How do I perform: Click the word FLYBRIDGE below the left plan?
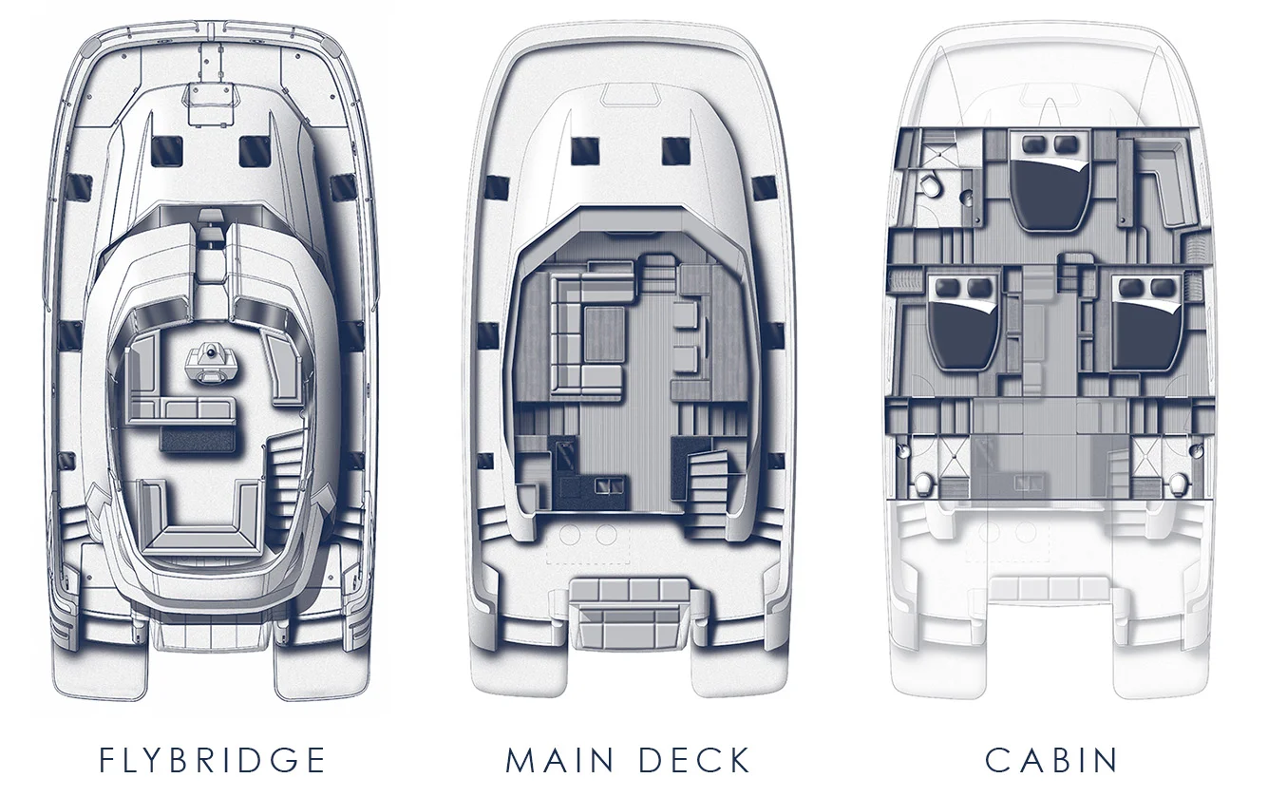point(213,760)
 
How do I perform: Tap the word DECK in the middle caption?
point(695,760)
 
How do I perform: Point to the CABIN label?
point(1051,760)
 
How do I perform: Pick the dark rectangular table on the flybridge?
point(199,438)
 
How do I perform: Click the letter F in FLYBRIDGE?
point(107,760)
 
